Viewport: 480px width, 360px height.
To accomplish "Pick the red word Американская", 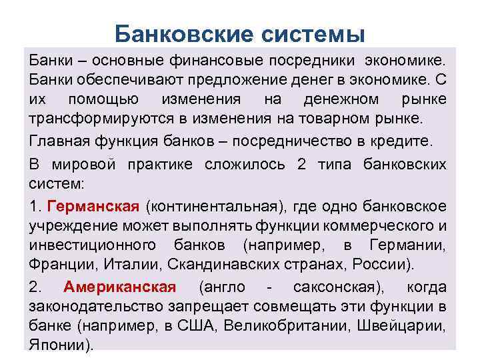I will [x=120, y=287].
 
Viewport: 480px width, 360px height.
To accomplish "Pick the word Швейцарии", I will [x=405, y=327].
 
